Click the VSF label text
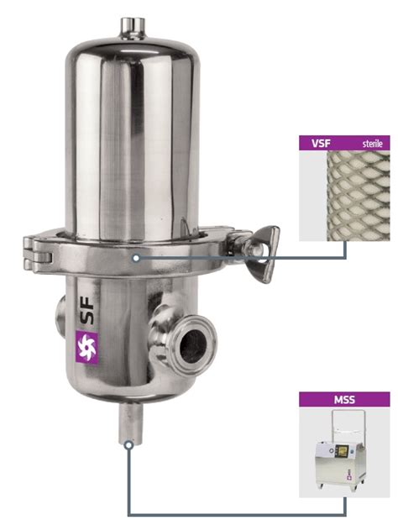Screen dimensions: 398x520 (321, 144)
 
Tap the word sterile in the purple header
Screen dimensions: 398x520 (373, 144)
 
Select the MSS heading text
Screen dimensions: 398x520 (344, 400)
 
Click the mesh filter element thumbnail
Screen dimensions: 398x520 (359, 196)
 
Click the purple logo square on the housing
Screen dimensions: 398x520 (87, 347)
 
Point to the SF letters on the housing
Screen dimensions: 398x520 (86, 310)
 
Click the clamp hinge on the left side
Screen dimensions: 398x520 (37, 253)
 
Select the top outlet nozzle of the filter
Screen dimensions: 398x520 (133, 28)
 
